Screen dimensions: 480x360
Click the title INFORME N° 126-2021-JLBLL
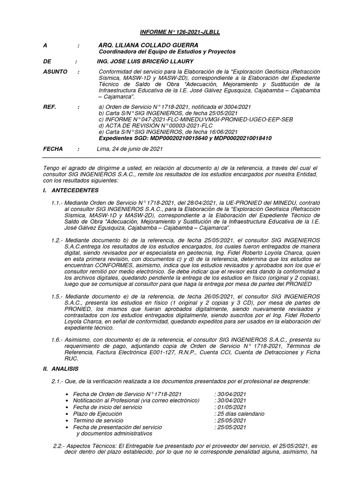click(x=180, y=32)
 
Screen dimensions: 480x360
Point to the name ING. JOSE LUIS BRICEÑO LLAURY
click(x=145, y=61)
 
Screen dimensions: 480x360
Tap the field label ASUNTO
click(x=55, y=72)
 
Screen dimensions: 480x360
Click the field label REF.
click(x=50, y=107)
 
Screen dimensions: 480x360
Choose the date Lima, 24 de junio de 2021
click(x=129, y=149)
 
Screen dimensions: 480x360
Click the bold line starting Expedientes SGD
click(x=185, y=139)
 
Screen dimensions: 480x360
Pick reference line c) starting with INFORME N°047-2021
click(x=195, y=120)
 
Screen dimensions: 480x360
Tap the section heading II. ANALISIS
click(x=60, y=369)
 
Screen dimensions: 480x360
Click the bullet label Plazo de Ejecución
click(x=97, y=414)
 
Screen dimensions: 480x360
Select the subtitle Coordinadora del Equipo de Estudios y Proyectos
click(x=167, y=52)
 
